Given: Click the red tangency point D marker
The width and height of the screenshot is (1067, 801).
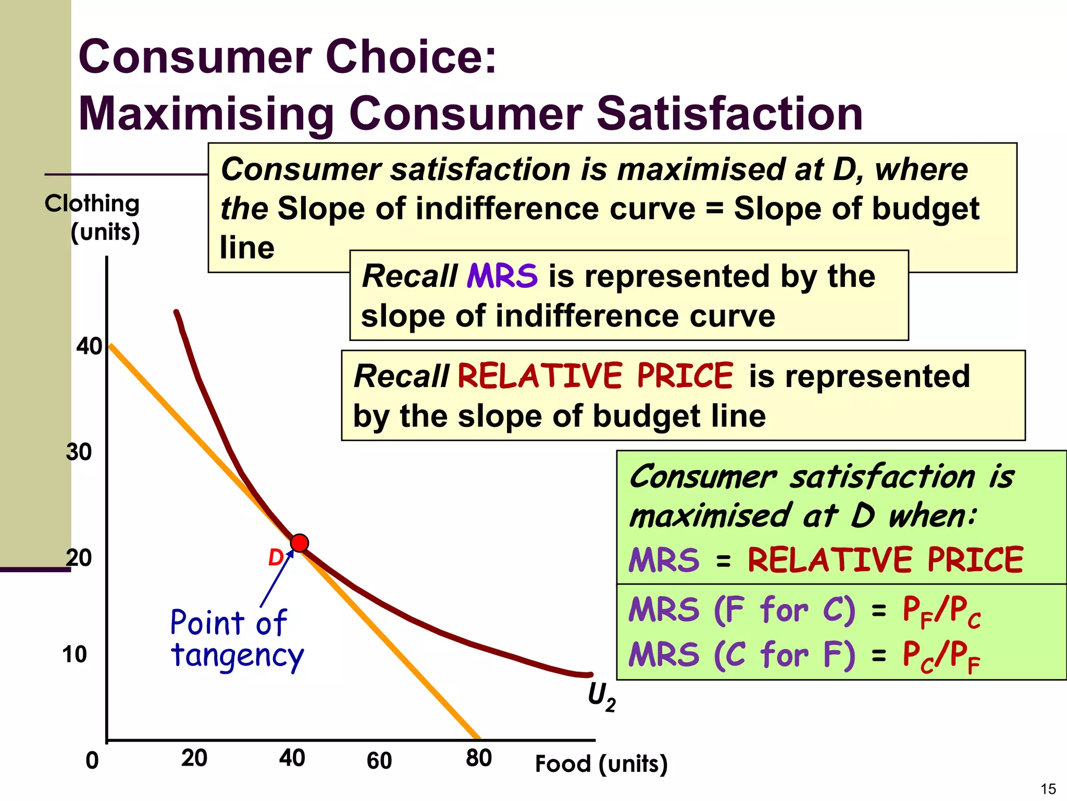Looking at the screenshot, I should pos(300,543).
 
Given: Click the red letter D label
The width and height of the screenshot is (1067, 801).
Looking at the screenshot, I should pos(275,558).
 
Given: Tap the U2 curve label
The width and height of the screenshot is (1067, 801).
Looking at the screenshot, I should pos(601,697).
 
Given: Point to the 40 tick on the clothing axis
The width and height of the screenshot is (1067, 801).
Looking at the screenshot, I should pos(89,346).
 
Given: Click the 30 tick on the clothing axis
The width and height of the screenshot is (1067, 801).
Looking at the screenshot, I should pos(79,452).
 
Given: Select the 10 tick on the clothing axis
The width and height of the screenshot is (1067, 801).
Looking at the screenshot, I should pos(75,654).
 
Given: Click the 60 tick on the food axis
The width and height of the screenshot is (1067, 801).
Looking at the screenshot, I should pos(379,760).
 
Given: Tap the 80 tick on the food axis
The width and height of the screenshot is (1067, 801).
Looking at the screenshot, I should pos(479,758).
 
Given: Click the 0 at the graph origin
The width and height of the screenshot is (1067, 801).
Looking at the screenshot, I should pos(92,761).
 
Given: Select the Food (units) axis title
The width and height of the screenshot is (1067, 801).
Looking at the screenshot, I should pos(601,764).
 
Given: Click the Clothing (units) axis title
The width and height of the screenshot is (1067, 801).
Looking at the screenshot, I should pos(93,217).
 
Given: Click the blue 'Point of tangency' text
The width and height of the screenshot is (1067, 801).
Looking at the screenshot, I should pos(236,639).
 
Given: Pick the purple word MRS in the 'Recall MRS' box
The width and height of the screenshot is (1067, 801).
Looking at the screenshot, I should pos(502,276).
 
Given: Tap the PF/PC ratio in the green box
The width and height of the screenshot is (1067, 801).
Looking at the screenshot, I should pos(941,611).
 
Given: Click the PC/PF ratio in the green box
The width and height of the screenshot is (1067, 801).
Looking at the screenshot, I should pos(941,656).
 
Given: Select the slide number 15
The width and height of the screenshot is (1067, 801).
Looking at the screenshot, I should pos(1048,788).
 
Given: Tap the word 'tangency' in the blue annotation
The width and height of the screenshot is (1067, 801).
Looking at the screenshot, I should pos(237,656).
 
